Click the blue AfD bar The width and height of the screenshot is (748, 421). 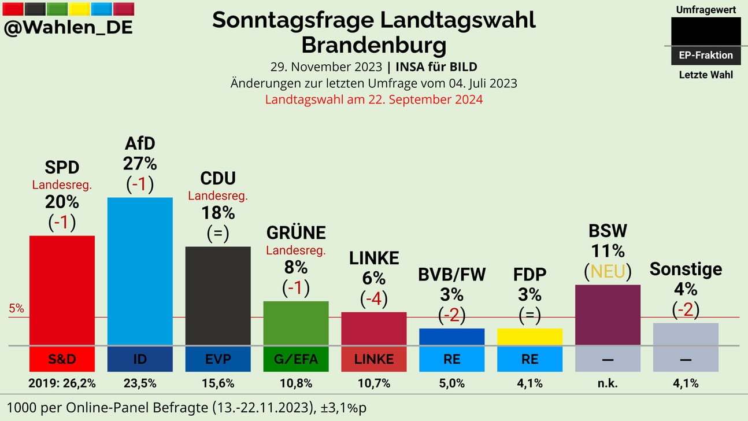pyautogui.click(x=140, y=271)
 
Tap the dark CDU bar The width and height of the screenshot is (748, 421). pyautogui.click(x=218, y=296)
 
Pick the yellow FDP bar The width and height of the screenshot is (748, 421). pyautogui.click(x=529, y=337)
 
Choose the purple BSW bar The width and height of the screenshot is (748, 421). pyautogui.click(x=608, y=315)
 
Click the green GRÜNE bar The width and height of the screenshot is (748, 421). pyautogui.click(x=296, y=323)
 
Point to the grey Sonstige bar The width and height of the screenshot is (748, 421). pyautogui.click(x=686, y=334)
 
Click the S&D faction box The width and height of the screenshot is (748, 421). pyautogui.click(x=62, y=359)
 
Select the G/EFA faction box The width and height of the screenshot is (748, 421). pyautogui.click(x=296, y=359)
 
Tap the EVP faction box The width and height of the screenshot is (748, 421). pyautogui.click(x=218, y=359)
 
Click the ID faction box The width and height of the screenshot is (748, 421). pyautogui.click(x=140, y=359)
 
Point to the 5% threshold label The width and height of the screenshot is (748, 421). pyautogui.click(x=16, y=309)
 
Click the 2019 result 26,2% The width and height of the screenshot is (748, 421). pyautogui.click(x=62, y=383)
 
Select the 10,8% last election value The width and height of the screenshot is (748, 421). pyautogui.click(x=296, y=383)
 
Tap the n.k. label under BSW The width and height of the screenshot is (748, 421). pyautogui.click(x=608, y=383)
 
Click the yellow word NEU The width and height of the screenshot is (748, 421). pyautogui.click(x=608, y=271)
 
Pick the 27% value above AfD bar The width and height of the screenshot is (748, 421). pyautogui.click(x=140, y=164)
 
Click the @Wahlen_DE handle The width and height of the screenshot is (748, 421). pyautogui.click(x=68, y=27)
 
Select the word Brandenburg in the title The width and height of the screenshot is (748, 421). pyautogui.click(x=374, y=45)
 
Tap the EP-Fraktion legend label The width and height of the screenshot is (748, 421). pyautogui.click(x=706, y=56)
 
